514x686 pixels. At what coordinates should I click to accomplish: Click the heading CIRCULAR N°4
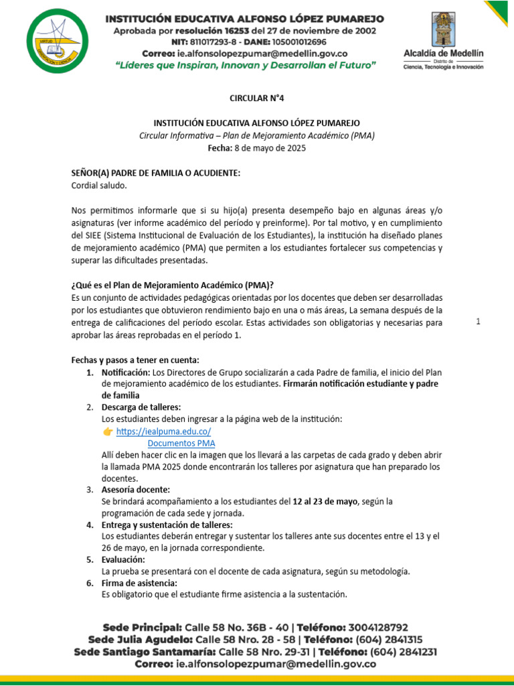[257, 98]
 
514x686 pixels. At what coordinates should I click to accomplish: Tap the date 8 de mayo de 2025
[278, 148]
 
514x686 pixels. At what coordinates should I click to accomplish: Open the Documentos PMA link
[181, 443]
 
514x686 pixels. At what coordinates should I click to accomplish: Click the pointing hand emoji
[108, 431]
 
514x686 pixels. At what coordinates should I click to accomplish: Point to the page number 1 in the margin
[478, 322]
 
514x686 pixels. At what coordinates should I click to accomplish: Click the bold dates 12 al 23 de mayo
[327, 501]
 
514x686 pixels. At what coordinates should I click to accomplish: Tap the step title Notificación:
[126, 372]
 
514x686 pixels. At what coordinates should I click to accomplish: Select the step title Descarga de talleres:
[141, 407]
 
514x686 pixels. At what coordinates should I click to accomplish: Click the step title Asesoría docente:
[135, 490]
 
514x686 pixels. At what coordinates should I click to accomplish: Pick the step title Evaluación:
[122, 559]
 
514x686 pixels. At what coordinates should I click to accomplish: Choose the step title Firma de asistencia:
[139, 583]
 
